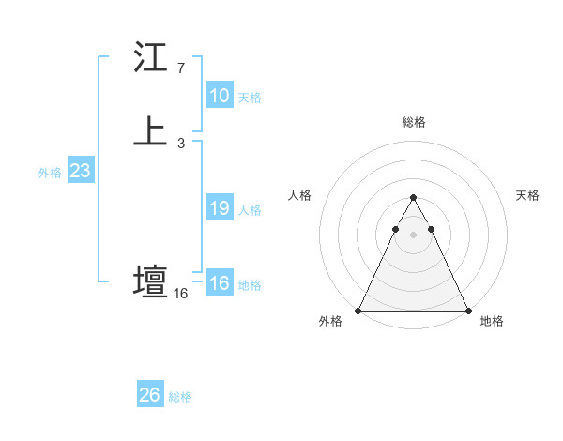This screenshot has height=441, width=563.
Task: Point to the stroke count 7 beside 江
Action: coord(180,68)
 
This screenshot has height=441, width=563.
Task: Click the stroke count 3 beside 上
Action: coord(180,144)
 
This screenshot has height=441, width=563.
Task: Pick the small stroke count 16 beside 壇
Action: coord(180,294)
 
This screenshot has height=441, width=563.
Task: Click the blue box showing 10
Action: coord(220,96)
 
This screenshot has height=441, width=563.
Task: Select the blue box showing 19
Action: coord(220,208)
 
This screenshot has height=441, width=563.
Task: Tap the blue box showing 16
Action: coord(220,283)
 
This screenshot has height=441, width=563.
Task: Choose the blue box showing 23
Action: coord(80,171)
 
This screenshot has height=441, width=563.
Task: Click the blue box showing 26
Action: coord(150,395)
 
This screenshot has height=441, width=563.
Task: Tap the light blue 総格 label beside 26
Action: coord(180,397)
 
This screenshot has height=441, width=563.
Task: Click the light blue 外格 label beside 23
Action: coord(50,173)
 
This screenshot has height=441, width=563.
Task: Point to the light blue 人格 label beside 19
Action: coord(250,210)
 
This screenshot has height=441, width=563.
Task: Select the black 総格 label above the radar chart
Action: coord(414,122)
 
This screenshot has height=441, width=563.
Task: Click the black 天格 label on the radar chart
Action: coord(528,195)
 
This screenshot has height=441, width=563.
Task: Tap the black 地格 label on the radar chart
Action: coord(492,321)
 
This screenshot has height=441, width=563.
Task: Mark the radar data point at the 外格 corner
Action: coord(358,311)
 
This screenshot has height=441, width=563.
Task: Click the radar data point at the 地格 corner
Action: coord(468,311)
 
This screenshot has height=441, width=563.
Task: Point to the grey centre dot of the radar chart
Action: coord(413,233)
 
